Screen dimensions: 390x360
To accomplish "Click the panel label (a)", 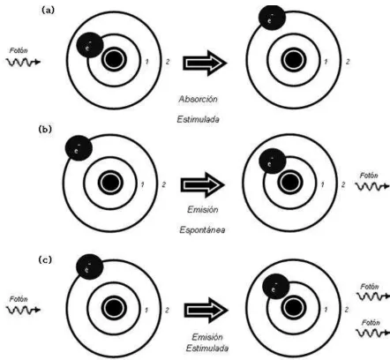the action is coord(49,11).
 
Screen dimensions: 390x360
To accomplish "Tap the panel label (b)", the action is coord(45,130).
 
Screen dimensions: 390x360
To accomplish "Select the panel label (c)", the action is coord(45,260).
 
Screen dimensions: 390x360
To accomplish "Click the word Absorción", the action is coord(199,99).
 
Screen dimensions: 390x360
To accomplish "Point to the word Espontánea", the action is coord(202,229).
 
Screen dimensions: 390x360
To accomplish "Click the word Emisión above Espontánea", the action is coord(203,209).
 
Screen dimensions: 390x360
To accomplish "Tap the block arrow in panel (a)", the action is coord(205,63).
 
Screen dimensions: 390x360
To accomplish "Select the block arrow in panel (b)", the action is coord(203,185).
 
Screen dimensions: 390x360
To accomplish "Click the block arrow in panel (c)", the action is coord(206,310).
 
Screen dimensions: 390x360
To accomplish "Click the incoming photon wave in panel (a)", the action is coord(23,62).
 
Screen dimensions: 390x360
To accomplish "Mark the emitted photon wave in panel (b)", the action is coord(372,186).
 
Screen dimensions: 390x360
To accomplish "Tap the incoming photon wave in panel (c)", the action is coord(23,310).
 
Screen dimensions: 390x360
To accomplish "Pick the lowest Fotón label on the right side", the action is coord(371,323).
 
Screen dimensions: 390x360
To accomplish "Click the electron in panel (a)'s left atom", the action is coord(90,45).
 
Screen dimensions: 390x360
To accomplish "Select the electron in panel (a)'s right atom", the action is coord(272,17).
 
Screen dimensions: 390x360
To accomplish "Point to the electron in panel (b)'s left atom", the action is coord(79,148).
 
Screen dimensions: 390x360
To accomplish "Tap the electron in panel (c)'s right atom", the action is coord(276,286).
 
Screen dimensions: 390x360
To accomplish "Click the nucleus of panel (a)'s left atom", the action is coord(114,59).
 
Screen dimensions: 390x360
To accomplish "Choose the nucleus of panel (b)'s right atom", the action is coord(290,183).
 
